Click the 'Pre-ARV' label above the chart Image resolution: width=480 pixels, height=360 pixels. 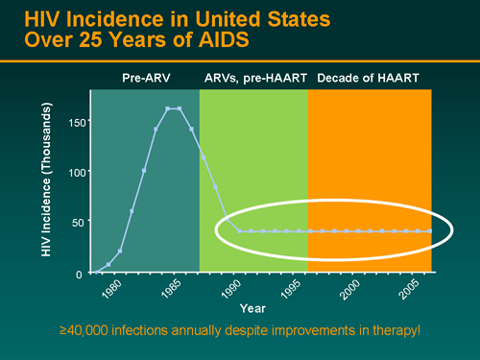145,77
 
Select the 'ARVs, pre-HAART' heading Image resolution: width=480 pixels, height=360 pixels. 253,77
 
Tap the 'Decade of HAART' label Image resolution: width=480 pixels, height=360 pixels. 370,77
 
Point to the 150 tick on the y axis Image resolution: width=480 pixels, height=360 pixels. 77,122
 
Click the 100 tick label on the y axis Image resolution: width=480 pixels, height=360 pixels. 77,172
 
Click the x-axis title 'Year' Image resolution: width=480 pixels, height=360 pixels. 252,308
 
